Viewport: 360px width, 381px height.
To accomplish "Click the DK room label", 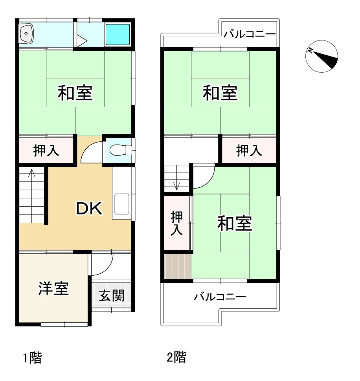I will coord(89,209).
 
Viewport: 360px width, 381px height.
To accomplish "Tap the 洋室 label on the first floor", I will coord(53,288).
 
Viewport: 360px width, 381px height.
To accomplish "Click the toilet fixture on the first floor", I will coord(118,150).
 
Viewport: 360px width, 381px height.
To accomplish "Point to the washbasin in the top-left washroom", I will coord(27,33).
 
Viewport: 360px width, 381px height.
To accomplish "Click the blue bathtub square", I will coord(118,33).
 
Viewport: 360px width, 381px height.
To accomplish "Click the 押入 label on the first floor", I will coord(46,150).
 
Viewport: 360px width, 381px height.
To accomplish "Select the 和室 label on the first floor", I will coord(75,93).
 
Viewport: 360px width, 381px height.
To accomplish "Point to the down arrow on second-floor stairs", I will coord(176,185).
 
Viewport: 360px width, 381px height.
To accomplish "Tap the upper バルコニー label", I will coord(250,35).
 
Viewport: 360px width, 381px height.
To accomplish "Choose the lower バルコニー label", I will coord(220,297).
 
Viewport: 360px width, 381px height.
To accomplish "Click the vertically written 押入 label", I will coord(177,223).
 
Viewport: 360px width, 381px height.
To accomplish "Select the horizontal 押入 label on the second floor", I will coord(249,150).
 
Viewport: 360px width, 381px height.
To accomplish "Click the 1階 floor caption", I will coord(32,358).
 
